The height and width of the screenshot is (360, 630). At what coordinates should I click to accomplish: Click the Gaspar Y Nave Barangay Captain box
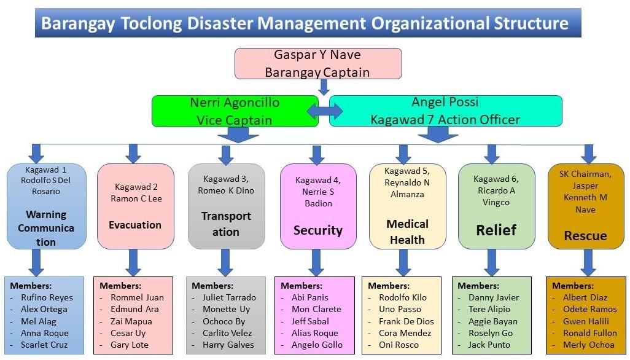[x=318, y=64]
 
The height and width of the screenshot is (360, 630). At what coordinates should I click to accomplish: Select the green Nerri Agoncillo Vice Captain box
[x=235, y=111]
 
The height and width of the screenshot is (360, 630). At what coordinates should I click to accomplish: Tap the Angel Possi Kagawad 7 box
[x=445, y=111]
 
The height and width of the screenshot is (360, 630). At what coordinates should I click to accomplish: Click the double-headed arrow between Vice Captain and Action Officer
[x=324, y=111]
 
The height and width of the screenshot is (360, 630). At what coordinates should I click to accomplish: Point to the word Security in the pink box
[x=317, y=230]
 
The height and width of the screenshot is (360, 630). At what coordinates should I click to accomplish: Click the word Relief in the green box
[x=497, y=230]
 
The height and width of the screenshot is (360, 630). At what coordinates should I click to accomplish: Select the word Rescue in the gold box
[x=585, y=236]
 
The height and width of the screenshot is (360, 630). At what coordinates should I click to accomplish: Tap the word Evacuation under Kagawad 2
[x=135, y=225]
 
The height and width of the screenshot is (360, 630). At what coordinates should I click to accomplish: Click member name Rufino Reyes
[x=47, y=297]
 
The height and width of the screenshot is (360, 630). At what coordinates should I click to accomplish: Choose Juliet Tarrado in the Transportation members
[x=229, y=297]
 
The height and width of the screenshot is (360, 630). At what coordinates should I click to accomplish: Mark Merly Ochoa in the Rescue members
[x=588, y=345]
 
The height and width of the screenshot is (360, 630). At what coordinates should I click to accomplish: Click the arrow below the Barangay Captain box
[x=324, y=87]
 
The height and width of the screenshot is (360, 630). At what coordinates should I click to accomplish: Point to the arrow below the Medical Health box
[x=403, y=262]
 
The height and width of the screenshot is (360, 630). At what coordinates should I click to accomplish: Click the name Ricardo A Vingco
[x=496, y=197]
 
